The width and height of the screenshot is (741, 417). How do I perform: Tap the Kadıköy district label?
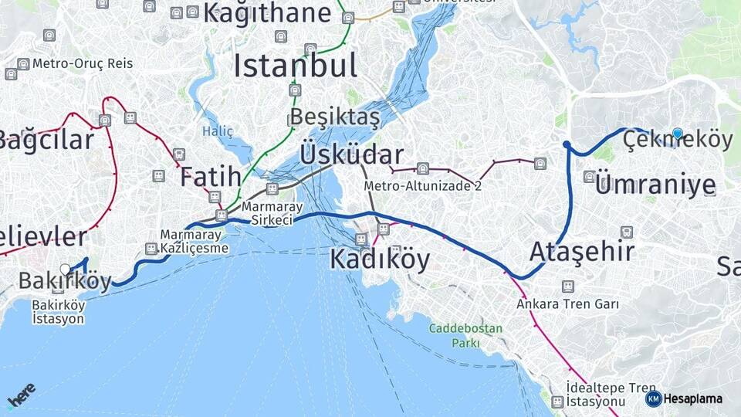(380, 259)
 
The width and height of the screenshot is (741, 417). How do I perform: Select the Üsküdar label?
(352, 154)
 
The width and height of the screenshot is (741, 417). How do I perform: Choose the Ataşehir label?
(582, 251)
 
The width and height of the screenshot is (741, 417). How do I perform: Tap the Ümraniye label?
(655, 184)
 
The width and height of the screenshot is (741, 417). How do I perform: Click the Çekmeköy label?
(677, 140)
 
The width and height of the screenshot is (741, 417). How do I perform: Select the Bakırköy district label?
(65, 282)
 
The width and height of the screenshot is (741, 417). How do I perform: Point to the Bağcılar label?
(46, 140)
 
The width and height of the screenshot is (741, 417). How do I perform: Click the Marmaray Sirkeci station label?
(267, 214)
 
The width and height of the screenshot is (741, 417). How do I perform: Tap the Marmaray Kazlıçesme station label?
(195, 241)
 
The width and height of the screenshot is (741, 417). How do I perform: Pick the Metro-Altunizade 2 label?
(422, 186)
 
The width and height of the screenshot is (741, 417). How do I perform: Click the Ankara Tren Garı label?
(567, 304)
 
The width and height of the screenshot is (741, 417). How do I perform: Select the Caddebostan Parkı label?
(466, 335)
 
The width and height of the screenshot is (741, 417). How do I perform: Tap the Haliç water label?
(218, 131)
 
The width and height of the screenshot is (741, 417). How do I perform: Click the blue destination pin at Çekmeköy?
(678, 134)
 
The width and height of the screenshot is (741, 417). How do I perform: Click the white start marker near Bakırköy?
(66, 270)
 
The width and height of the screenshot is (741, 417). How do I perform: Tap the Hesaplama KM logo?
(685, 398)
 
